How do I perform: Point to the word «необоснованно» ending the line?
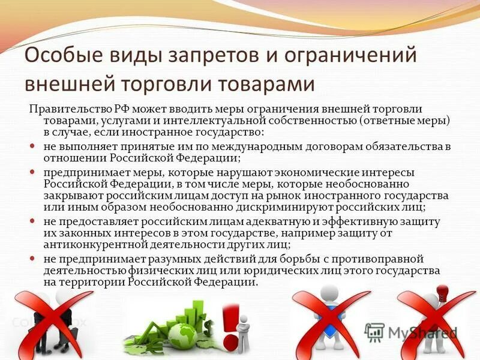371,184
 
